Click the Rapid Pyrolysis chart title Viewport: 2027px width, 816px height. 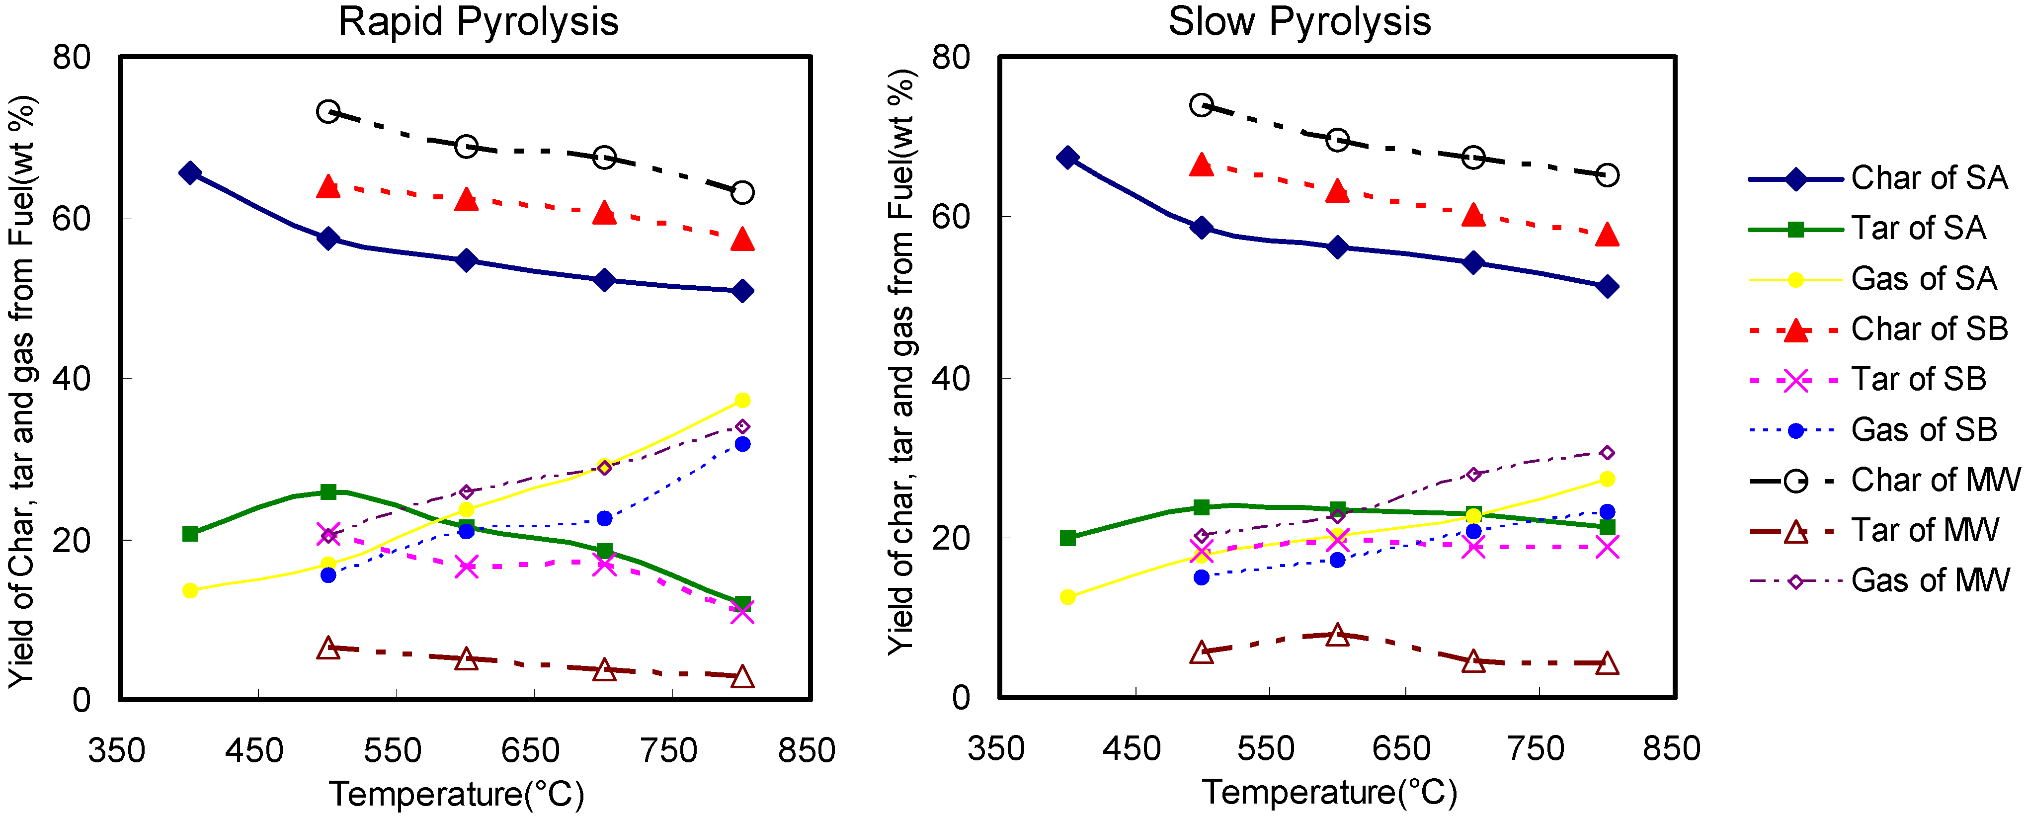[478, 22]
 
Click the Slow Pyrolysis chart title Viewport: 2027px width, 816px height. [1299, 22]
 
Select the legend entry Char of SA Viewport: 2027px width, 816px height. [1929, 178]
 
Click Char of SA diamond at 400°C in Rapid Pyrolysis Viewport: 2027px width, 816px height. [190, 173]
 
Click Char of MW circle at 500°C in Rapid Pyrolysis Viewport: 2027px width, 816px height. [328, 112]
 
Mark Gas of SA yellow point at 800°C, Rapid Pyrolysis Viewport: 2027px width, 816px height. [742, 401]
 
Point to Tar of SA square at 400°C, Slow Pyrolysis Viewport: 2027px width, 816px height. [1068, 538]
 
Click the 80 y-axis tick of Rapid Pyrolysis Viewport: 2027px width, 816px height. [72, 58]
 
